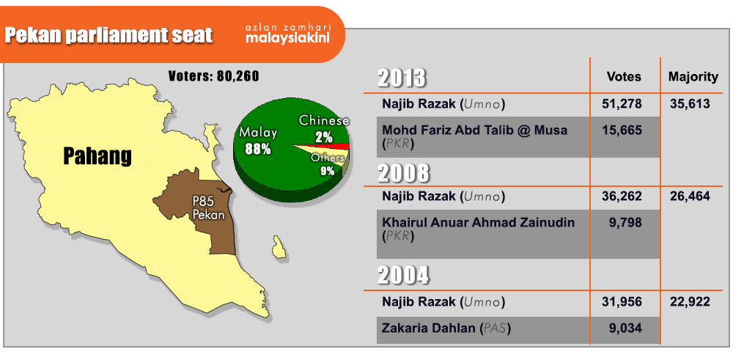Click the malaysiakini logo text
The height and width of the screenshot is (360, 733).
point(288,38)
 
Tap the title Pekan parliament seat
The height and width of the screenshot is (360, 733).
point(108,35)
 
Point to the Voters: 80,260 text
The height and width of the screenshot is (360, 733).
point(213,76)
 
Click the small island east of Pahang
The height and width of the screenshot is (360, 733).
point(279,247)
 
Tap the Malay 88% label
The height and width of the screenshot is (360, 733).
point(258,141)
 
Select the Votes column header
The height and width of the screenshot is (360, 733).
point(624,77)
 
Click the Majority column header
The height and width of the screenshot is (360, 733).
point(693,77)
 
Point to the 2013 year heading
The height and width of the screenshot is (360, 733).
point(402,78)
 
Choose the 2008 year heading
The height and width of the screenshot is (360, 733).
point(403,174)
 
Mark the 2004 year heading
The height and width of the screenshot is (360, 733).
point(403,275)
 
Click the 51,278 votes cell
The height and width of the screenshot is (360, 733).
point(622,104)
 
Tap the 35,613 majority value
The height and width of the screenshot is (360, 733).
point(690,104)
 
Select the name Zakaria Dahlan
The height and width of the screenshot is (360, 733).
point(428,328)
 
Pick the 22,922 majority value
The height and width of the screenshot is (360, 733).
point(690,302)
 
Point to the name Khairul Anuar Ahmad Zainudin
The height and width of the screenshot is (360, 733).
point(478,223)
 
